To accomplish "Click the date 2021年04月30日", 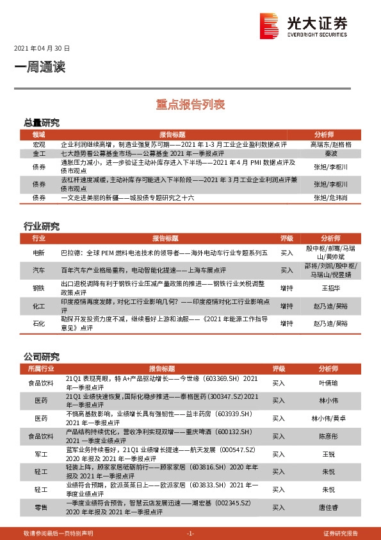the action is click(x=42, y=49).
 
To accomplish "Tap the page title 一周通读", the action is click(x=40, y=66).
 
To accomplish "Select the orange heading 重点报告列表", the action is click(x=190, y=103).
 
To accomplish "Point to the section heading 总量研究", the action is click(x=42, y=122).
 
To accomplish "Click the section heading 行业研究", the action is click(x=42, y=226).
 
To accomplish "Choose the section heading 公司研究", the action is click(x=42, y=357).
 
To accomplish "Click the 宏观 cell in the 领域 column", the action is click(x=39, y=145).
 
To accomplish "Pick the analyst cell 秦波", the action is click(x=330, y=154).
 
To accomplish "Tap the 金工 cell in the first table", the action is click(x=39, y=154).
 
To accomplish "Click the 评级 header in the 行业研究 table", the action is click(x=287, y=238).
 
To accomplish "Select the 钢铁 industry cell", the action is click(x=39, y=289).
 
